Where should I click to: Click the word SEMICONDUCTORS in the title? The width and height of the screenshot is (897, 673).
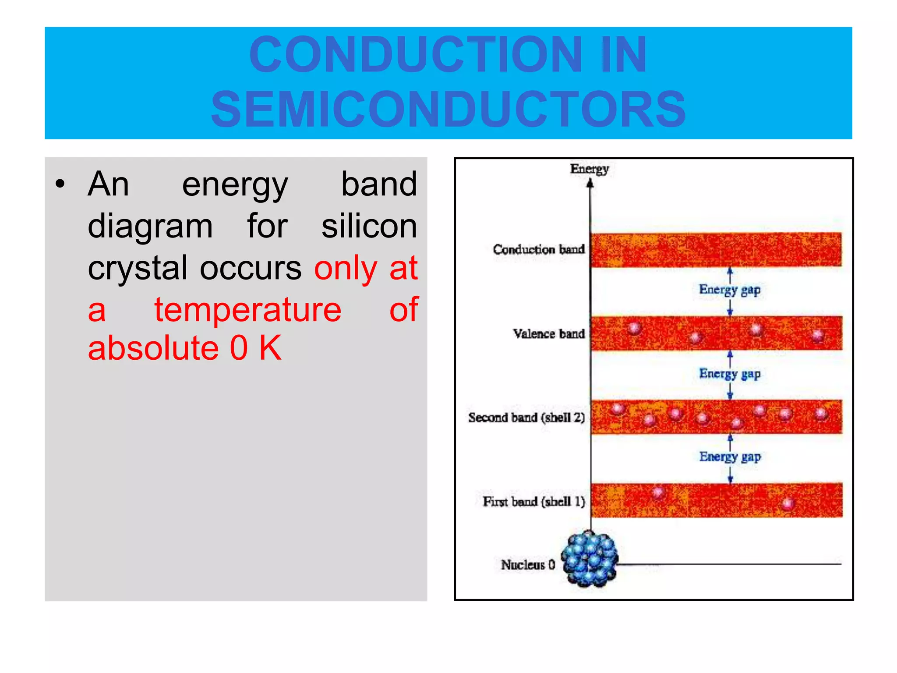pos(448,109)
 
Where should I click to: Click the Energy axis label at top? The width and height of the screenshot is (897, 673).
pos(589,169)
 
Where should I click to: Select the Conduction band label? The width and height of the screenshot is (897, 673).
pos(539,249)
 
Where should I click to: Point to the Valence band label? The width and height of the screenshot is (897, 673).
pos(548,334)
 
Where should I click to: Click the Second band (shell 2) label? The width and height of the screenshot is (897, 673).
pos(526,418)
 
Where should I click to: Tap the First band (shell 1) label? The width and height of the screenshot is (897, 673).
pos(533,501)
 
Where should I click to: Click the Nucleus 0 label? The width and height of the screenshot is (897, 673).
pos(528,565)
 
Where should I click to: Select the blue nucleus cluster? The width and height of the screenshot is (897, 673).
pos(590,559)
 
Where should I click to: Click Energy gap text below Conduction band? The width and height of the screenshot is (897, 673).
pos(729,290)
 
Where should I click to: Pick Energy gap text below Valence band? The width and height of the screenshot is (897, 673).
pos(729,374)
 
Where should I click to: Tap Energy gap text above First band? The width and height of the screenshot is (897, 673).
pos(730,457)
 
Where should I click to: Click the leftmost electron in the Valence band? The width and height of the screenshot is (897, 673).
pos(634,328)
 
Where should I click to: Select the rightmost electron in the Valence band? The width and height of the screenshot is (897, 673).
pos(817,336)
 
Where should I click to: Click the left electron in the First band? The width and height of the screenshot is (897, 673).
pos(657,492)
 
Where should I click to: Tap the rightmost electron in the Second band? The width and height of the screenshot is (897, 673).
pos(821,413)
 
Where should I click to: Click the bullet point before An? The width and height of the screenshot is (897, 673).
pos(60,184)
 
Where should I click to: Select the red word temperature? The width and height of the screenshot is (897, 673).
pos(247,310)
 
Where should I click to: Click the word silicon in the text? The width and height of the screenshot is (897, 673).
pos(369,226)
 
